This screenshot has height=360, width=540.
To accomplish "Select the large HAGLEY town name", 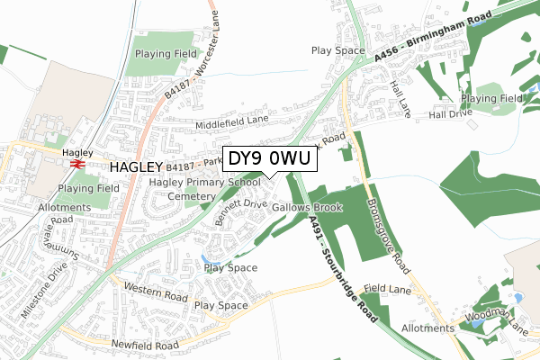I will click(136, 167).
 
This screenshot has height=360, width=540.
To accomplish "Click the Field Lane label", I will click(387, 289).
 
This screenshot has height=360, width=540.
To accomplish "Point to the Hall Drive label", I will click(450, 114).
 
